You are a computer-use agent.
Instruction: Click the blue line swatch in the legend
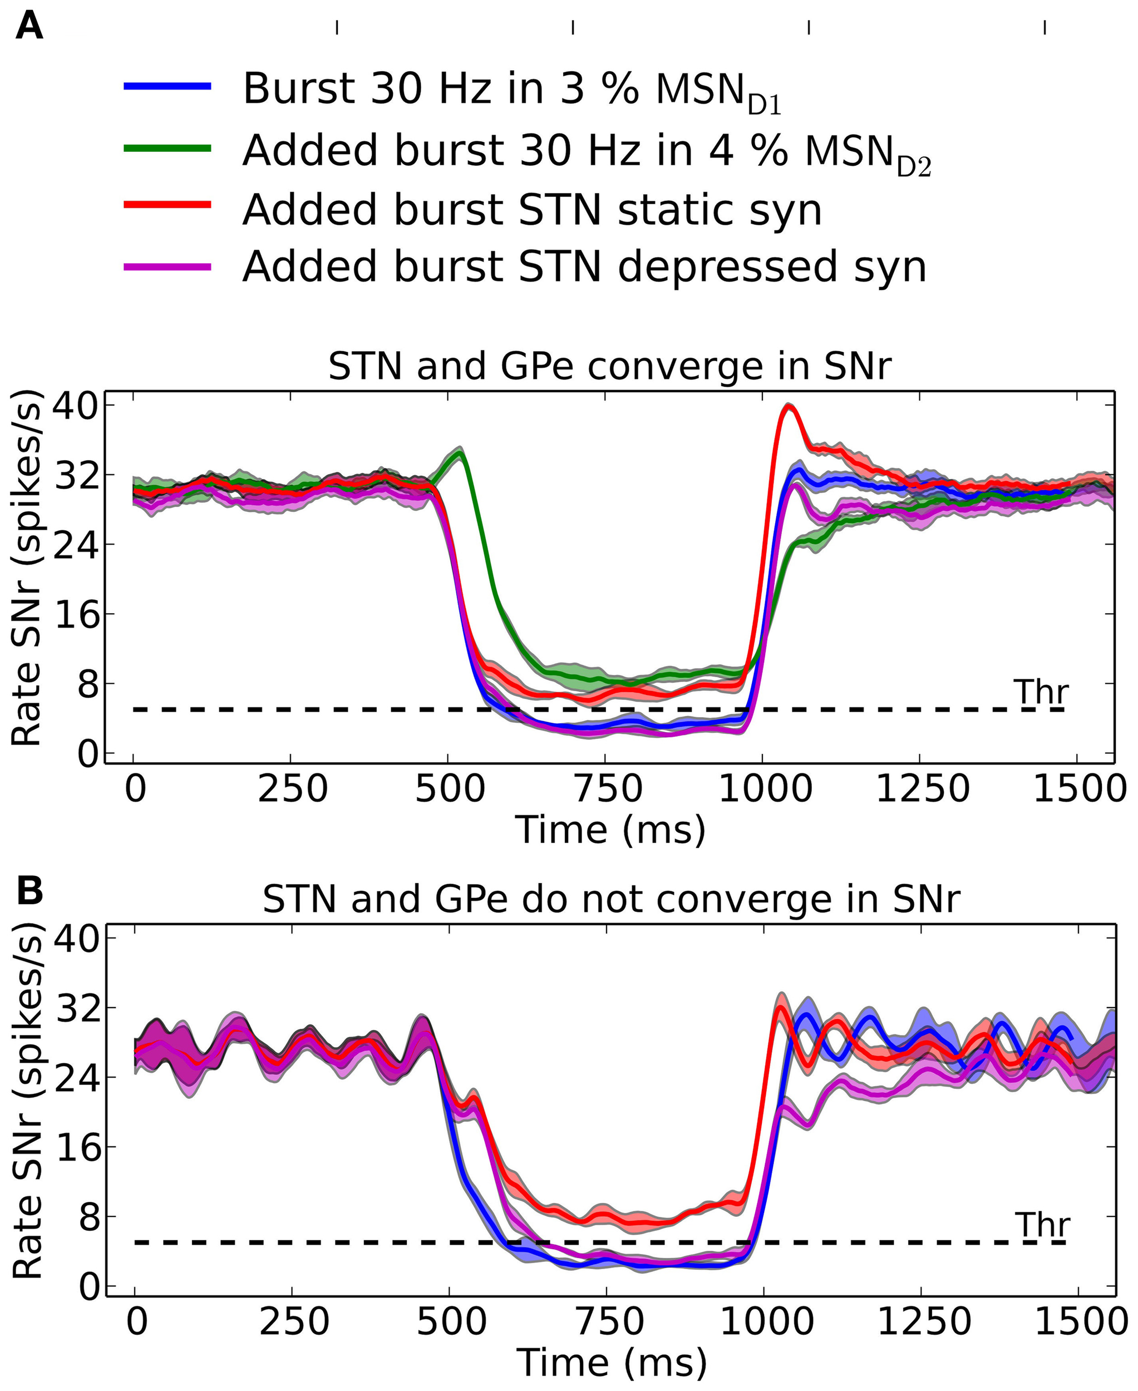[168, 86]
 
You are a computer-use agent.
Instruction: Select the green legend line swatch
[168, 148]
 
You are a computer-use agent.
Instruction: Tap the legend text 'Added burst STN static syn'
[531, 210]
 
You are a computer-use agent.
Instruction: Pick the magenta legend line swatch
[168, 266]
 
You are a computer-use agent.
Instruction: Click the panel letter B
[29, 891]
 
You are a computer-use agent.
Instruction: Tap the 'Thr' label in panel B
[1042, 1225]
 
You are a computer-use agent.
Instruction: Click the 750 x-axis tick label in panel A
[608, 789]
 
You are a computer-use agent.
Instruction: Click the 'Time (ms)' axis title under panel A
[610, 830]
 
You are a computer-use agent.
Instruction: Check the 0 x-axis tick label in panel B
[136, 1322]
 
